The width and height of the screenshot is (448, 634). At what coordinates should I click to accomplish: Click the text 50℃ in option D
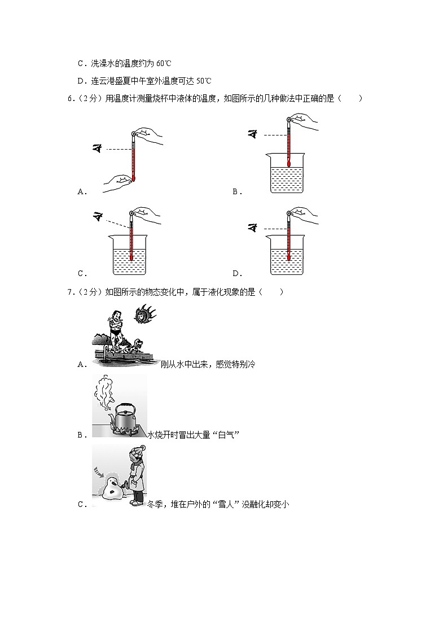coord(204,81)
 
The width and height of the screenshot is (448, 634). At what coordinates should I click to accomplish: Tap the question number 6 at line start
coord(69,99)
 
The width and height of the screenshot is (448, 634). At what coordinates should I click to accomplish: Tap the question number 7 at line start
coord(69,292)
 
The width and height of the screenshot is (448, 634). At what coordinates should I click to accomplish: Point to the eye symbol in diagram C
coord(98,215)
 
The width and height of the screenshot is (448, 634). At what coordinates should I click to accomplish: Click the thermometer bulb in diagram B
coord(288,164)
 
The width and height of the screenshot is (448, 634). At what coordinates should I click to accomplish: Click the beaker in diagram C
coord(130,256)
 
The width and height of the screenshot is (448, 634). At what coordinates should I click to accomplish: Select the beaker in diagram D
coord(288,256)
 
